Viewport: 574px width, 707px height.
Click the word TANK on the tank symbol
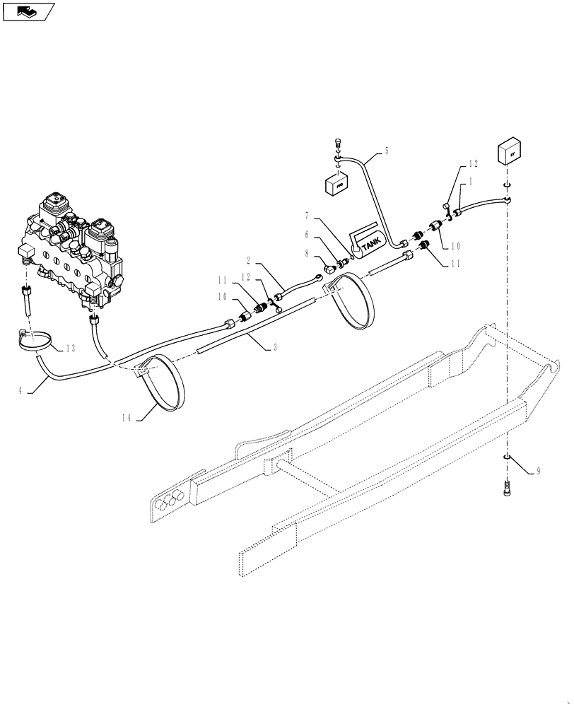(x=370, y=243)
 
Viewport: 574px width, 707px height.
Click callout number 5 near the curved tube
(x=387, y=150)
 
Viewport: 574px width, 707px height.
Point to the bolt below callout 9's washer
(x=507, y=488)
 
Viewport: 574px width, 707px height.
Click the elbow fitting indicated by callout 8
(x=330, y=267)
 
